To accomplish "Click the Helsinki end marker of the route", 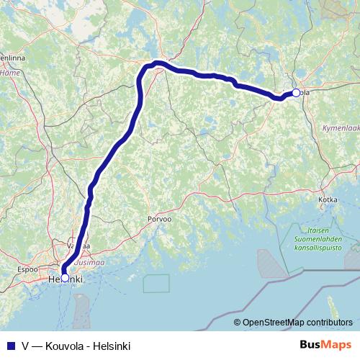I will tap(65, 277).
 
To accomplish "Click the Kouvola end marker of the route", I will tap(295, 92).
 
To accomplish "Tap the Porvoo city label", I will tap(159, 217).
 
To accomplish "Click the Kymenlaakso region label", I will tap(338, 127).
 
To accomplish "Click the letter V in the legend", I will tap(25, 346).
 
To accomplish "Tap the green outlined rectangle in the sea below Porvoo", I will tap(156, 283).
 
